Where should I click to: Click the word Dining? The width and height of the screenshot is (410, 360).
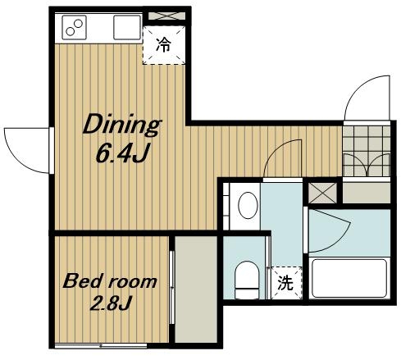tap(122, 125)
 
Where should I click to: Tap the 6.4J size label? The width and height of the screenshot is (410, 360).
tap(122, 153)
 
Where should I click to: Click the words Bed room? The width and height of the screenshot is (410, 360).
tap(110, 281)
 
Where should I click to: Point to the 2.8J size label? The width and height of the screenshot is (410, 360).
tap(111, 303)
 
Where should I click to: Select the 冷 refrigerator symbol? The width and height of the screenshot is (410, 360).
tap(164, 45)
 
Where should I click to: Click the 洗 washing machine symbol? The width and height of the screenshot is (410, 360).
tap(285, 283)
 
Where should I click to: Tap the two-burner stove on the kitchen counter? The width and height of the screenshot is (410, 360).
tap(75, 28)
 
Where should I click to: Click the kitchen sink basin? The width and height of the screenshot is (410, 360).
tap(127, 28)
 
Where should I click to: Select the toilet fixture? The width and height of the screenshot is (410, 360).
tap(247, 280)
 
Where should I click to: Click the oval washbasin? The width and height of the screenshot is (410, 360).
tap(248, 206)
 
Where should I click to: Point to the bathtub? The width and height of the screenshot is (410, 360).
tap(349, 278)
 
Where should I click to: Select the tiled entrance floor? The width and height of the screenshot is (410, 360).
tap(367, 151)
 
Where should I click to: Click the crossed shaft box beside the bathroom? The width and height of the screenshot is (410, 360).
tap(322, 193)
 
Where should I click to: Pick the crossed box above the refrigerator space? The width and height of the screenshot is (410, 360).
tap(166, 16)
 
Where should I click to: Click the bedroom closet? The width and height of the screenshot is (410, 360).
tap(196, 289)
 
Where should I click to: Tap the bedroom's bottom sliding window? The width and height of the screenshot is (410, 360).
tap(101, 346)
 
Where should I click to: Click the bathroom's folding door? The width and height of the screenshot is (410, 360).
tap(328, 231)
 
